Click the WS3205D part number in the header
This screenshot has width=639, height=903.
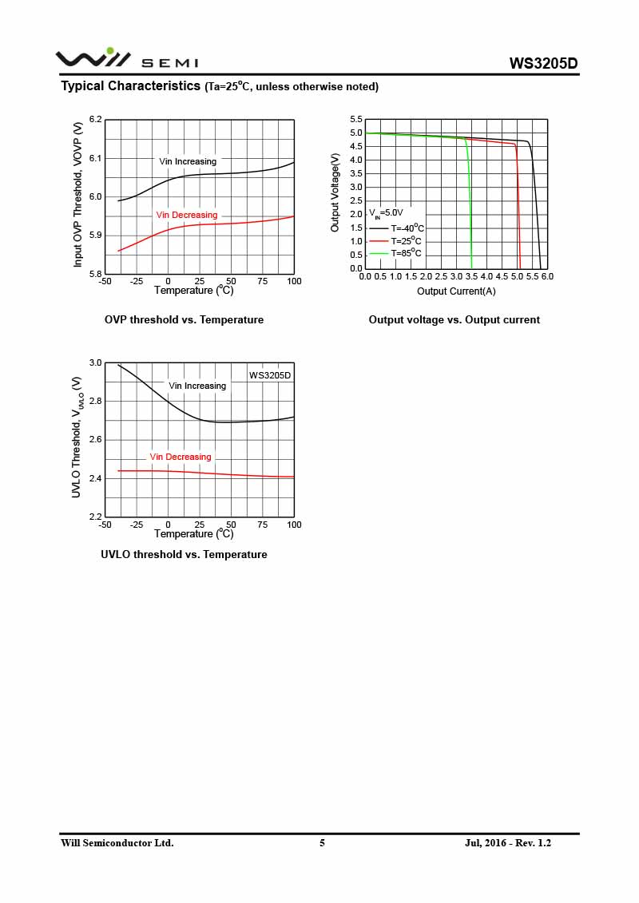(x=543, y=64)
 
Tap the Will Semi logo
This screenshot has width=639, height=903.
(x=126, y=58)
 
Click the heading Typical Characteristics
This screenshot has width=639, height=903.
(x=131, y=86)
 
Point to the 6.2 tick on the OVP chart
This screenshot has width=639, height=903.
(x=96, y=120)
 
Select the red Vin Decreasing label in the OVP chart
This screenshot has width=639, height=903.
(x=186, y=215)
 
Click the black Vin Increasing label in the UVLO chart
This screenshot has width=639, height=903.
(x=197, y=386)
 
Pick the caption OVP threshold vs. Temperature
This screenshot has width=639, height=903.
(x=184, y=319)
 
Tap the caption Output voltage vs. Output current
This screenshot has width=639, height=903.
(x=454, y=319)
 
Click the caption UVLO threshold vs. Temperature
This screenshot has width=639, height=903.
(x=184, y=554)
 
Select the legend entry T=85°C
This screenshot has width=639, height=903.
(x=406, y=253)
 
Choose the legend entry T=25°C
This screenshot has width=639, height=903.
(x=406, y=240)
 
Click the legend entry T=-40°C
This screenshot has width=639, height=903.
(x=407, y=228)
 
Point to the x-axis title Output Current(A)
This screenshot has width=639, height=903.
(x=456, y=291)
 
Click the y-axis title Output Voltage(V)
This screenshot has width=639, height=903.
(x=335, y=193)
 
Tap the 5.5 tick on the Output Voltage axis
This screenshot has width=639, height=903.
(x=356, y=120)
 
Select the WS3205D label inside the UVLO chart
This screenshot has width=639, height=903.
(x=270, y=374)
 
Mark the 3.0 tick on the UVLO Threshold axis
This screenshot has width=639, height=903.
(x=96, y=363)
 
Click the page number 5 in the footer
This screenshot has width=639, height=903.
(x=322, y=843)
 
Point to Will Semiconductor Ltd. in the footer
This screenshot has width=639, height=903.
(x=117, y=843)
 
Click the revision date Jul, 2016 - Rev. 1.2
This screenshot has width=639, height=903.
(x=508, y=843)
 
